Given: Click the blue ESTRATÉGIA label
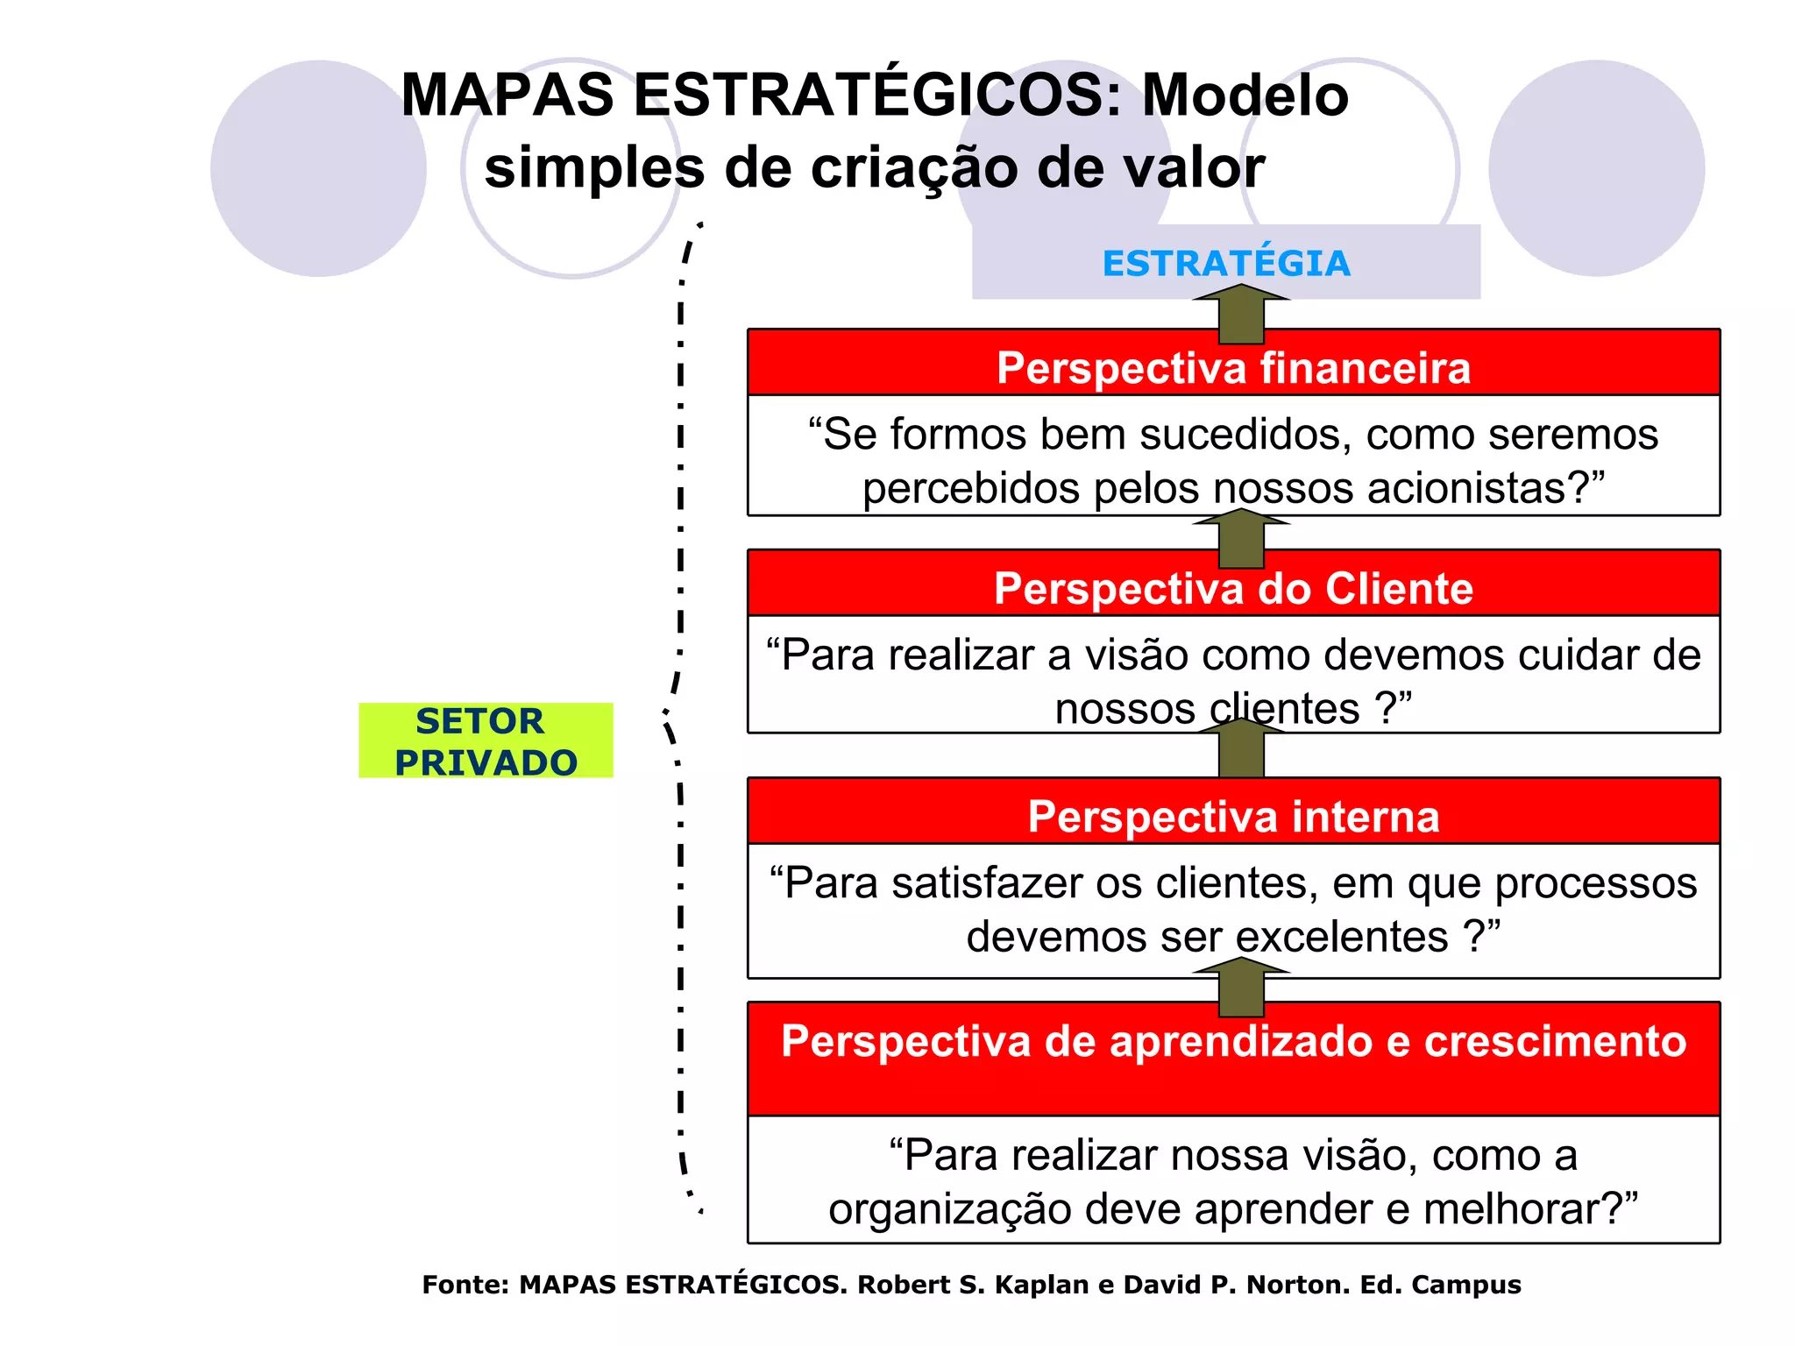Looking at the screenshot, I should click(x=1225, y=263).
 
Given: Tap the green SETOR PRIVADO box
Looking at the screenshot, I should click(x=486, y=740).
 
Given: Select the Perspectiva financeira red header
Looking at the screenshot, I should click(x=1233, y=367).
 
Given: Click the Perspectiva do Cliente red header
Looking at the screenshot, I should click(x=1233, y=588).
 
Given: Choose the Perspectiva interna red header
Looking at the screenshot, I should click(x=1233, y=816).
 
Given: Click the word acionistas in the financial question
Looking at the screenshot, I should click(x=1469, y=488).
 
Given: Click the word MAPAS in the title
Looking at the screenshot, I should click(x=507, y=95).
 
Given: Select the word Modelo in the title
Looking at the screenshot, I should click(x=1245, y=95).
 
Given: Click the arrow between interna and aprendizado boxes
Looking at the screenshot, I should click(x=1241, y=988).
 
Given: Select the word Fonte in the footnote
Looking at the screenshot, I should click(x=465, y=1285).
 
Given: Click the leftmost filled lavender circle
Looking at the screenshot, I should click(x=318, y=168).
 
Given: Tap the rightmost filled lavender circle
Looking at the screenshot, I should click(x=1596, y=168).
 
